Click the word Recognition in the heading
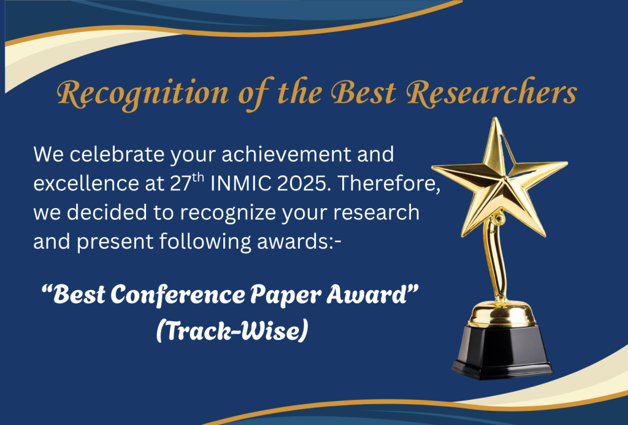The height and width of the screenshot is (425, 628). [x=142, y=94]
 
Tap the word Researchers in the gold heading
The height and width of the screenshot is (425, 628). [x=492, y=93]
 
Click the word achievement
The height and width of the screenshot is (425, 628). [x=286, y=154]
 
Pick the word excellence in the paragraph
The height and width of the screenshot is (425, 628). [x=86, y=183]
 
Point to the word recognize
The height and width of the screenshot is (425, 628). [x=228, y=213]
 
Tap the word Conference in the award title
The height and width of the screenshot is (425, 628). [x=178, y=295]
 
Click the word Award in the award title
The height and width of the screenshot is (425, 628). [x=367, y=295]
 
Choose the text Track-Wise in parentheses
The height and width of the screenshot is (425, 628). [x=232, y=331]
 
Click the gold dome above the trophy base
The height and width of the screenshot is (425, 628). [x=502, y=314]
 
